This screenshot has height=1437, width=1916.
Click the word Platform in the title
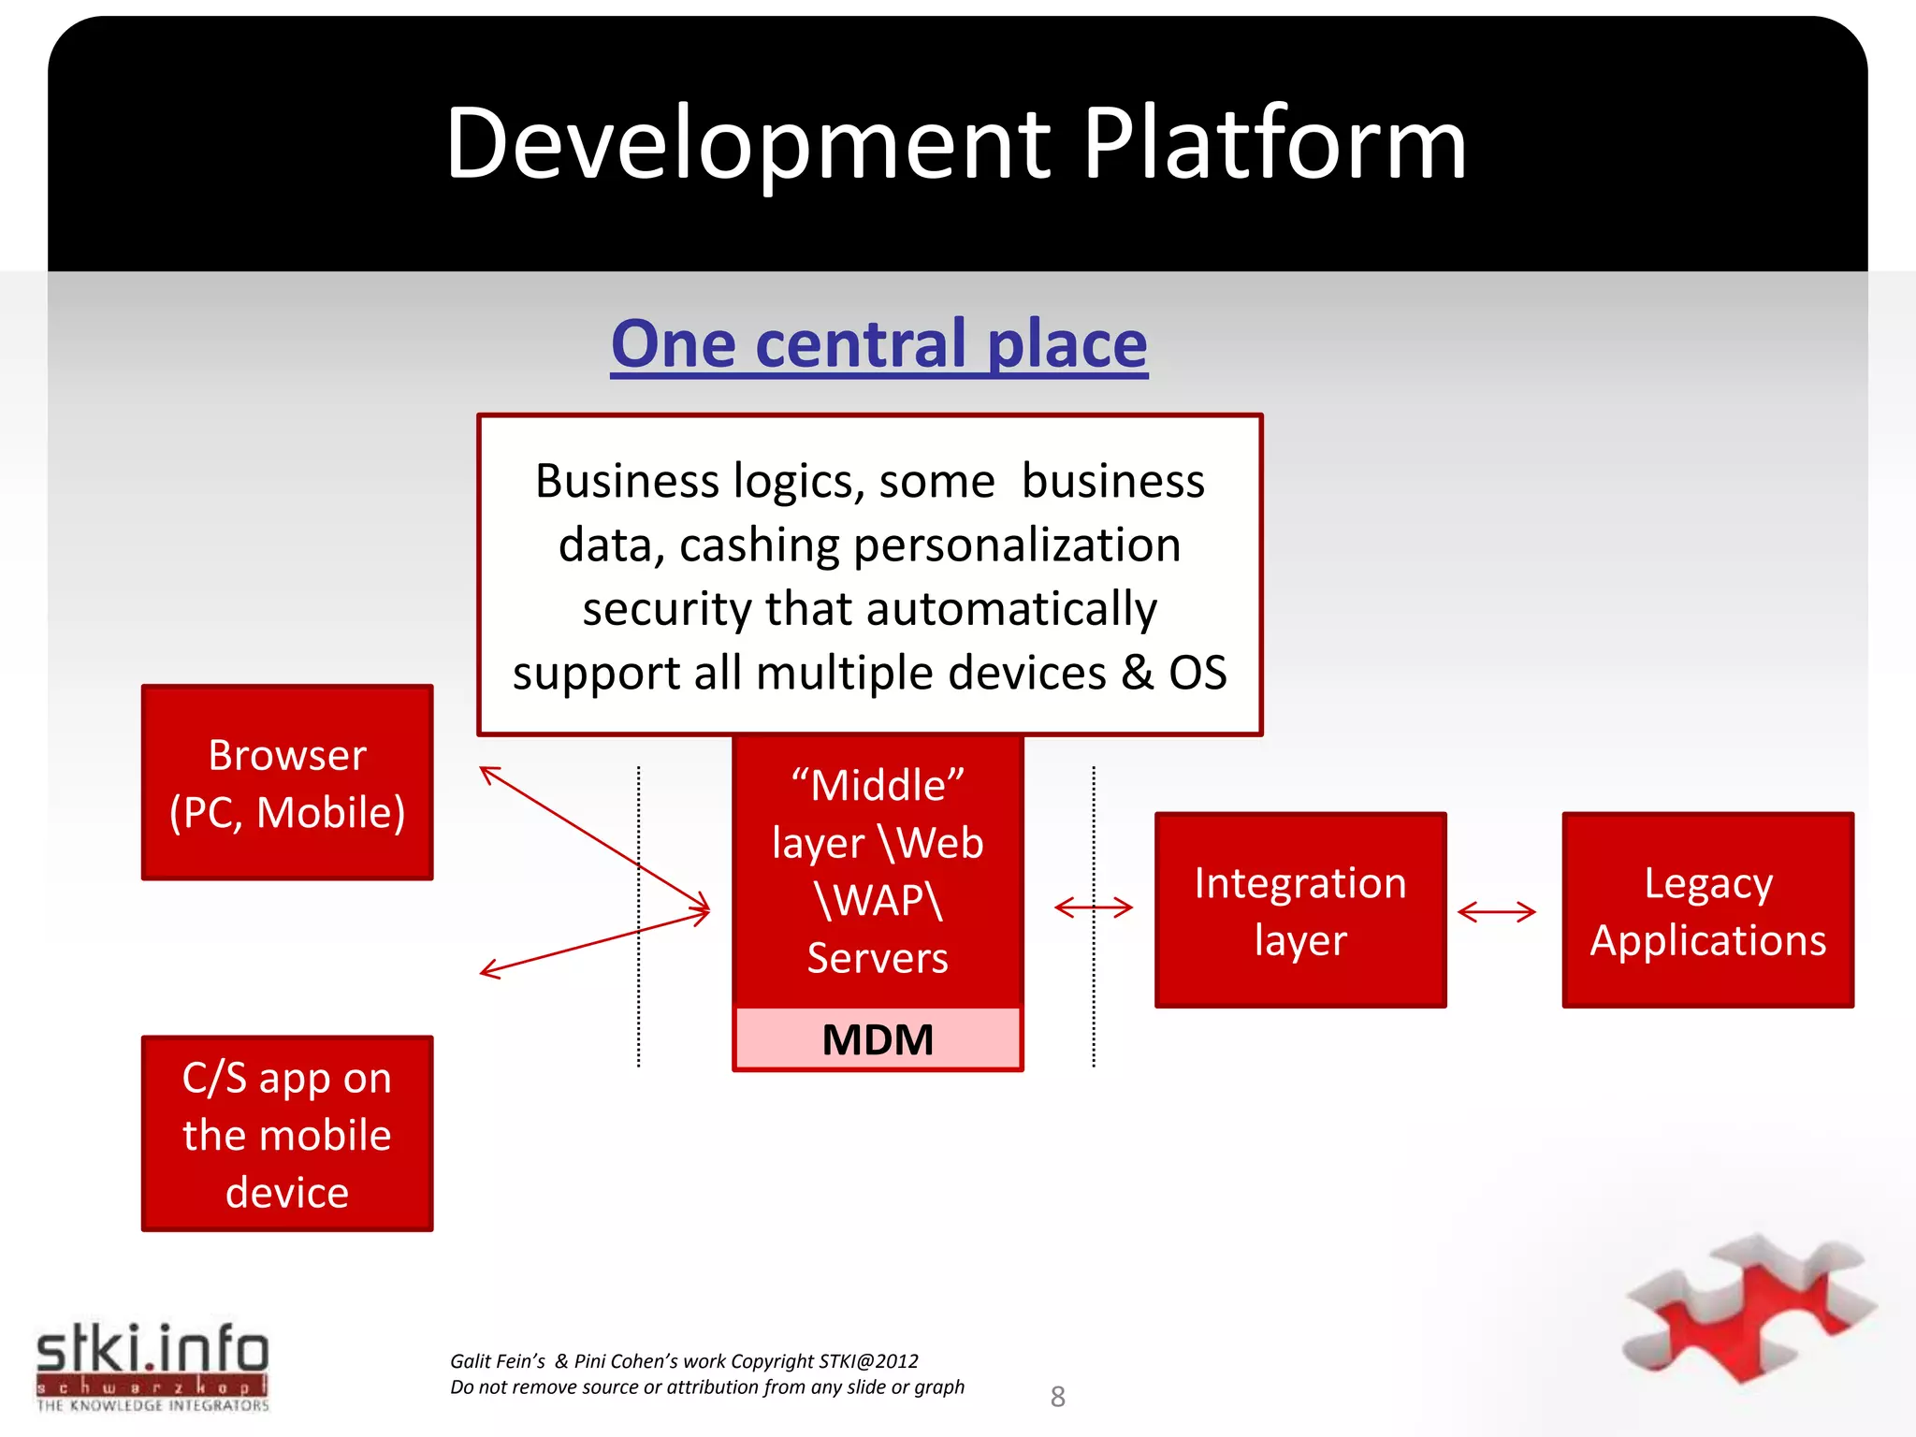[1274, 145]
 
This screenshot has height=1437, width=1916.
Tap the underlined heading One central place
[878, 344]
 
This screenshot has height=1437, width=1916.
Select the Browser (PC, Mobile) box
[287, 782]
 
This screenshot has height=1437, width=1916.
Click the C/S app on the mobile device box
[287, 1133]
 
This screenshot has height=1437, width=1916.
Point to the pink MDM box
[878, 1039]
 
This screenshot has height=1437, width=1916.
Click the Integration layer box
[1300, 910]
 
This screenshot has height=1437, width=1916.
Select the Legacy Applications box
[1707, 910]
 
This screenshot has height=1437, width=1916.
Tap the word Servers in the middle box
[878, 958]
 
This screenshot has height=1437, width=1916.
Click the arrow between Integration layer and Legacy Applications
[1496, 911]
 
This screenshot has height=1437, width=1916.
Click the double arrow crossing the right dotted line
[1093, 907]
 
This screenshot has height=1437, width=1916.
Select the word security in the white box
[667, 609]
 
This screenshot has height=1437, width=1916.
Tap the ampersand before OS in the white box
[1137, 673]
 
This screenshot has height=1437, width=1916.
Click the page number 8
[1057, 1397]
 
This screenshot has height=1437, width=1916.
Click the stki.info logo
[152, 1365]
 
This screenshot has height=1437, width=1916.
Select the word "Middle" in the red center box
[878, 785]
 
